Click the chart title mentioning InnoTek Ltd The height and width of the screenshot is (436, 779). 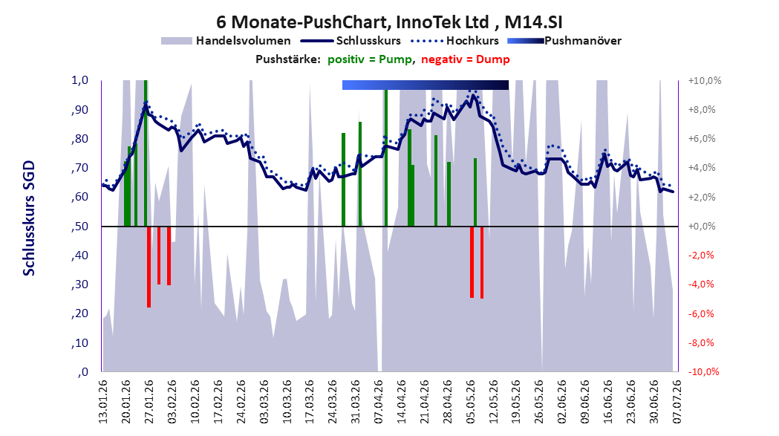click(389, 22)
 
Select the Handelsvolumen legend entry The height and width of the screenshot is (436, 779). click(226, 41)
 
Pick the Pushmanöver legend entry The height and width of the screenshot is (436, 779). click(564, 41)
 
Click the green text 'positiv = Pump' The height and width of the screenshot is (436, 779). click(370, 59)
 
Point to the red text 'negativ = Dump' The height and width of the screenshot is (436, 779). click(466, 59)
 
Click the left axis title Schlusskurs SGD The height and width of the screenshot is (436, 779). click(29, 218)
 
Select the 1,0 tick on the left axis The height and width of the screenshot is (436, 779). click(80, 80)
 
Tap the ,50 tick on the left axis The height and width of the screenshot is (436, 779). click(80, 227)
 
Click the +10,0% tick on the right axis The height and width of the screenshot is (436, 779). click(705, 80)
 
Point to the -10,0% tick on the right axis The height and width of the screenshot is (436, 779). click(703, 372)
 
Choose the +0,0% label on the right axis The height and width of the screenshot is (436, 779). click(702, 227)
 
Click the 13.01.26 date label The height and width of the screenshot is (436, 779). click(102, 402)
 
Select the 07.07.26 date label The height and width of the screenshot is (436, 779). click(677, 402)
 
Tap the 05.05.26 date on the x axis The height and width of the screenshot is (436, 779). click(470, 402)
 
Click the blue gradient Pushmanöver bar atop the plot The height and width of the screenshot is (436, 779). click(426, 85)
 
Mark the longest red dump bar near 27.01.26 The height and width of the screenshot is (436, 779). click(149, 267)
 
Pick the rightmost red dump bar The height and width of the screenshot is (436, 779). click(482, 262)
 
